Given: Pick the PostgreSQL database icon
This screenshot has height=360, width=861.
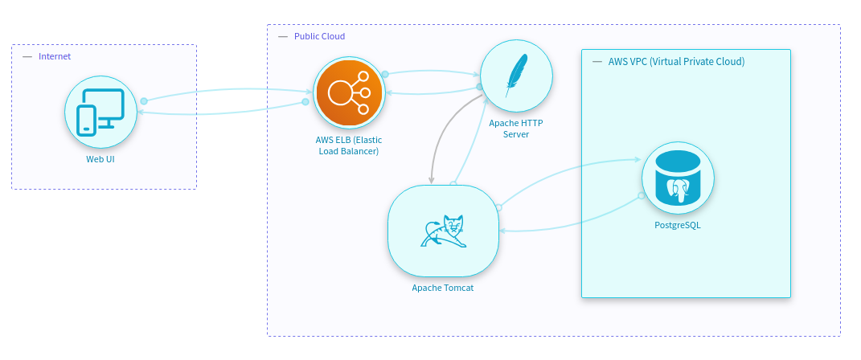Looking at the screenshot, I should [678, 178].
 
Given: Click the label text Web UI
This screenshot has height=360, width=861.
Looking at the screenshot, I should [100, 159].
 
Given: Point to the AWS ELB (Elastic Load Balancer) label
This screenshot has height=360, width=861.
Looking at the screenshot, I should [347, 145].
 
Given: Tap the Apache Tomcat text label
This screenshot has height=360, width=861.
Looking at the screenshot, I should [443, 288].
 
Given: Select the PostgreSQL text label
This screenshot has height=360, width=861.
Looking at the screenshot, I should [678, 225].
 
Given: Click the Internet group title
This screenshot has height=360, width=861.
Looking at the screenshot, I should [55, 56].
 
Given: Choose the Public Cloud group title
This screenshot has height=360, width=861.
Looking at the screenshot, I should [319, 37].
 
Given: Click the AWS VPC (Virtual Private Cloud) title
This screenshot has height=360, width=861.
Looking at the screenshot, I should [676, 61].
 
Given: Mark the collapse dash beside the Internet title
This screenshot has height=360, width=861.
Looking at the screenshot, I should [27, 56].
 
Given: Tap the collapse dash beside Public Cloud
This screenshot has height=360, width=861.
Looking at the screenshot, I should [282, 37].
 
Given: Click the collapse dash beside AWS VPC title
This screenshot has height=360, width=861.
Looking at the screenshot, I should [597, 61].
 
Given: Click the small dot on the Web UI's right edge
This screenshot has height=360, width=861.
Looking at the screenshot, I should [144, 100].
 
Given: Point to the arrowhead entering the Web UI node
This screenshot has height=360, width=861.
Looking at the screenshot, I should [141, 113].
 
